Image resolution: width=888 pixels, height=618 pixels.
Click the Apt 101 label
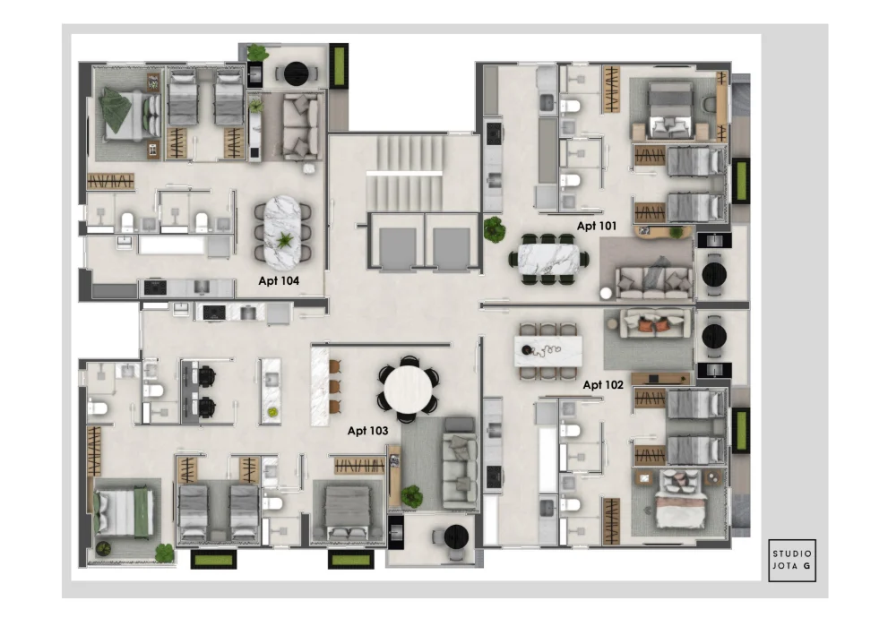click(597, 226)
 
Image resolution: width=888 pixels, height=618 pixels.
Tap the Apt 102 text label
click(602, 385)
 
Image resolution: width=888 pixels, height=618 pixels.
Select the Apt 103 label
click(367, 431)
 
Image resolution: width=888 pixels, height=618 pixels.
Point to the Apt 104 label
click(279, 280)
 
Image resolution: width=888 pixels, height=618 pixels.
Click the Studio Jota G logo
click(792, 561)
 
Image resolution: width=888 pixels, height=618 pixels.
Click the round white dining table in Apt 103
click(407, 390)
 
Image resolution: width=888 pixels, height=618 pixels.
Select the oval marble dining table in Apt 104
click(282, 233)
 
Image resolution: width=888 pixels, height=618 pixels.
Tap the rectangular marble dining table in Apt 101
click(548, 259)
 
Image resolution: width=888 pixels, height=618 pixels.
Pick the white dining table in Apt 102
click(547, 351)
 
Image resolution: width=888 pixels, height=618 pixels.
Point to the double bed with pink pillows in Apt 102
click(680, 501)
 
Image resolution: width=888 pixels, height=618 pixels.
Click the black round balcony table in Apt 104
click(296, 73)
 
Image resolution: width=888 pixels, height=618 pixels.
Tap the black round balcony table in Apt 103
click(456, 536)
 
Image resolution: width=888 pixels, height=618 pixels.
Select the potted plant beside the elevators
click(494, 230)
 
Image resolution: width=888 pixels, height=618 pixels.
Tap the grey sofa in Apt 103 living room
click(460, 461)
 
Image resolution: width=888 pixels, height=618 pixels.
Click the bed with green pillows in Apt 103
click(124, 512)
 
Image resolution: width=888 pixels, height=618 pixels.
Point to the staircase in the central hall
click(404, 173)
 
